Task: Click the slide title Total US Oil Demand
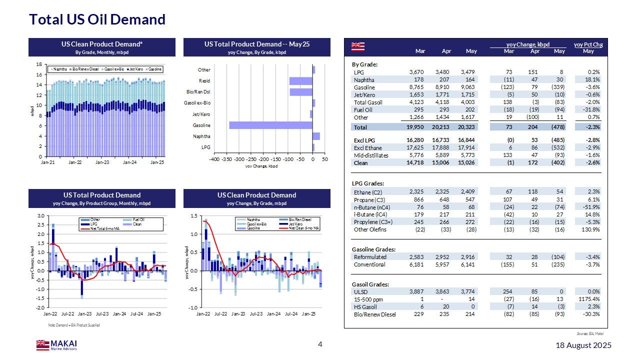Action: [x=97, y=19]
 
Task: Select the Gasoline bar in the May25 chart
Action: [x=270, y=125]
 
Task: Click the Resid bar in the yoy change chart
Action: [x=300, y=81]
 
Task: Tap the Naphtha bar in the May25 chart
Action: [x=316, y=136]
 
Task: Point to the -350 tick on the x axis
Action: [x=226, y=159]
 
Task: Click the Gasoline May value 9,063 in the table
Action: [x=468, y=87]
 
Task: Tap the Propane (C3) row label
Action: [x=369, y=199]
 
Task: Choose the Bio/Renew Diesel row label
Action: [x=375, y=314]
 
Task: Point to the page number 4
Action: [x=320, y=344]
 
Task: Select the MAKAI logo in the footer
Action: [x=56, y=345]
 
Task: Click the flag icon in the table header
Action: [x=358, y=46]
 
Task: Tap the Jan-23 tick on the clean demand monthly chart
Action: [x=102, y=162]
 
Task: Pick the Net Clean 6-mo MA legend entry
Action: [x=304, y=228]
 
